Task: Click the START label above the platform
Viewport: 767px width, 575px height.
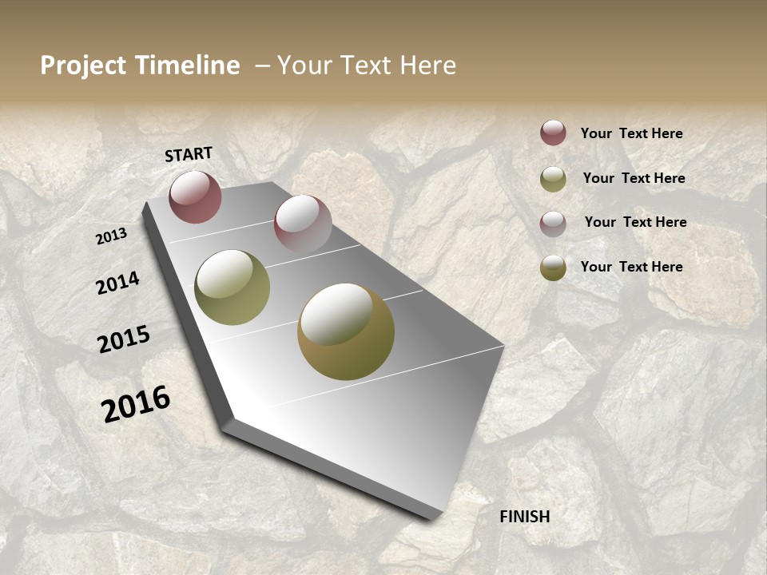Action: pos(189,154)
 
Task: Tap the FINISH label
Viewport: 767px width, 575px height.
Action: pos(524,517)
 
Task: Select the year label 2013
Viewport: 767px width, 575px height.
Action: pos(112,236)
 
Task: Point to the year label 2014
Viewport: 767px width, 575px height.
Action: pos(117,283)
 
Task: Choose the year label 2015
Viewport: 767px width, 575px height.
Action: pos(124,339)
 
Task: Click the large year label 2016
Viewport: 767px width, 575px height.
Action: pos(136,403)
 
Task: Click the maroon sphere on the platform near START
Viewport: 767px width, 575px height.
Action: pos(195,196)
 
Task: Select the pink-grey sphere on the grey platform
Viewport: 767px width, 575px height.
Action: pos(303,224)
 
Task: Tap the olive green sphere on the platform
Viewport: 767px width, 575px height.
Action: pos(232,287)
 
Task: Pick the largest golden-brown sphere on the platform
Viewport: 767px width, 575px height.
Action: pos(345,331)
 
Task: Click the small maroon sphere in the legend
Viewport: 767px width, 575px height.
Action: pos(553,133)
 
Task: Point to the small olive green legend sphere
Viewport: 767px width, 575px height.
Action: pos(553,179)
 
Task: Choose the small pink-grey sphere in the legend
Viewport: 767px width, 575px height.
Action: pos(553,224)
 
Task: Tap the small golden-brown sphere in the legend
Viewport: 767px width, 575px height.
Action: pos(553,268)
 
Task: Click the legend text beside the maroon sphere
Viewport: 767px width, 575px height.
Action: pos(631,133)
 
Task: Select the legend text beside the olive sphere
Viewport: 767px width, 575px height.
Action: pos(634,178)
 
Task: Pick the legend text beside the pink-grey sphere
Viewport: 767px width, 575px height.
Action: pos(635,222)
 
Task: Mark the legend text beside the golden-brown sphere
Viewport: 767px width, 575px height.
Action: pos(631,267)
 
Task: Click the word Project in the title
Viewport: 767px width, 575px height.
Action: pos(84,65)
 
